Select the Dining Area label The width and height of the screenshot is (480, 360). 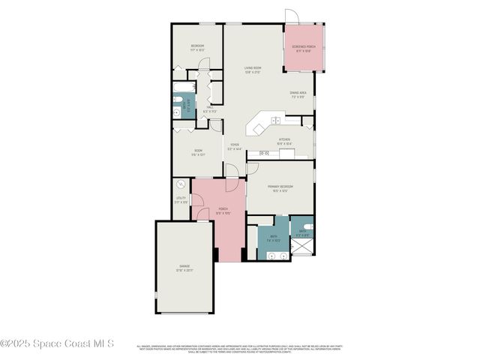298,94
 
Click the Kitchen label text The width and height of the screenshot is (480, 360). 284,140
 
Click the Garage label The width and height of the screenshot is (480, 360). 184,268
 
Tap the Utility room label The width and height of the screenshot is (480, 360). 181,201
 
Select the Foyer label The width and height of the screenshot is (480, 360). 235,146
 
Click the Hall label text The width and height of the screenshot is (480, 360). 211,109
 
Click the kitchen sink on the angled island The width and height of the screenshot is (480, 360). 276,120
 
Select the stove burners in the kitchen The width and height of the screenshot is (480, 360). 264,153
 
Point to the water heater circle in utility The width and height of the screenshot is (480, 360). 181,184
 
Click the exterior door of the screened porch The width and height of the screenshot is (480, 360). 291,16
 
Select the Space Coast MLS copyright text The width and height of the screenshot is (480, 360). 57,344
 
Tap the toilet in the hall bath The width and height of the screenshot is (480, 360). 178,112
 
